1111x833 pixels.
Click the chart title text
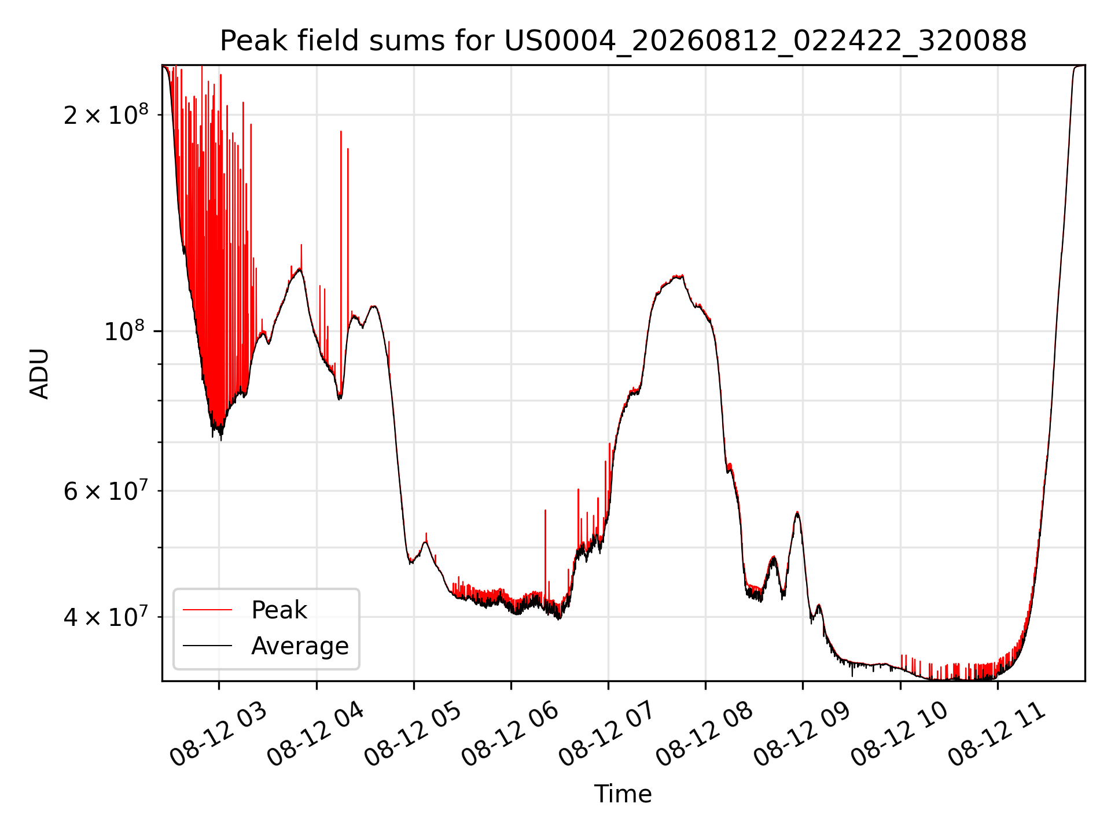pos(623,41)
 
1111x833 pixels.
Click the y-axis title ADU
pos(39,373)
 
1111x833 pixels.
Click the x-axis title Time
pos(623,794)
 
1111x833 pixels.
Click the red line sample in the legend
pos(207,610)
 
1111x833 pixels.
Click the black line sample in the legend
pos(207,646)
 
